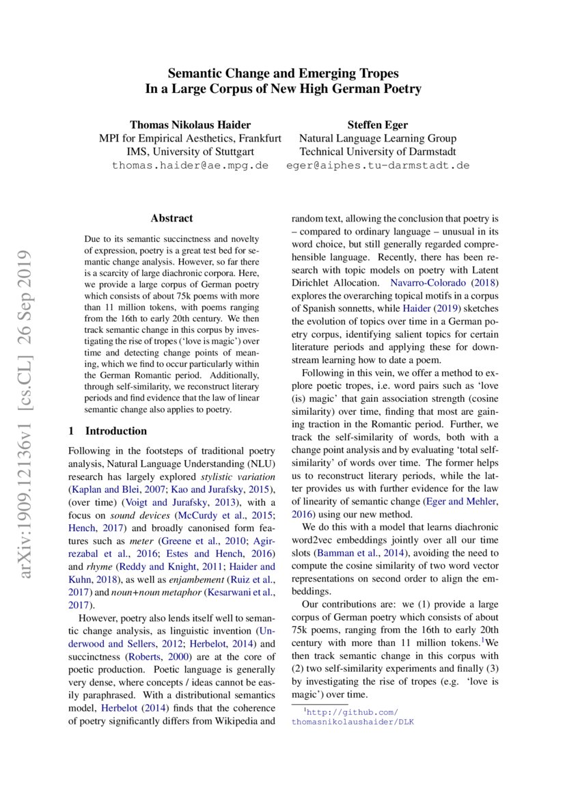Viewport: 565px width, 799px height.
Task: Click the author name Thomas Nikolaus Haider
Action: click(190, 124)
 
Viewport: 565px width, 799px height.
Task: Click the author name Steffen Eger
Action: click(378, 124)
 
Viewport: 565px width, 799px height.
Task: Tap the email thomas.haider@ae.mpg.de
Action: click(190, 165)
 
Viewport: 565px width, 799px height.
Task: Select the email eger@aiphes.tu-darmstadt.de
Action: click(378, 165)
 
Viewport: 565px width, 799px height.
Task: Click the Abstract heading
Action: click(171, 219)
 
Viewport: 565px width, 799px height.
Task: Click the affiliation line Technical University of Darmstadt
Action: click(378, 152)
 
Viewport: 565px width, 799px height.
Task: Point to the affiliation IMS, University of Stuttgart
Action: click(190, 152)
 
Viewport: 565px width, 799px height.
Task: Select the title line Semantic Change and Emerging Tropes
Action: click(283, 73)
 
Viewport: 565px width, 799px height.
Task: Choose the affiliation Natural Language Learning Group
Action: click(378, 138)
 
